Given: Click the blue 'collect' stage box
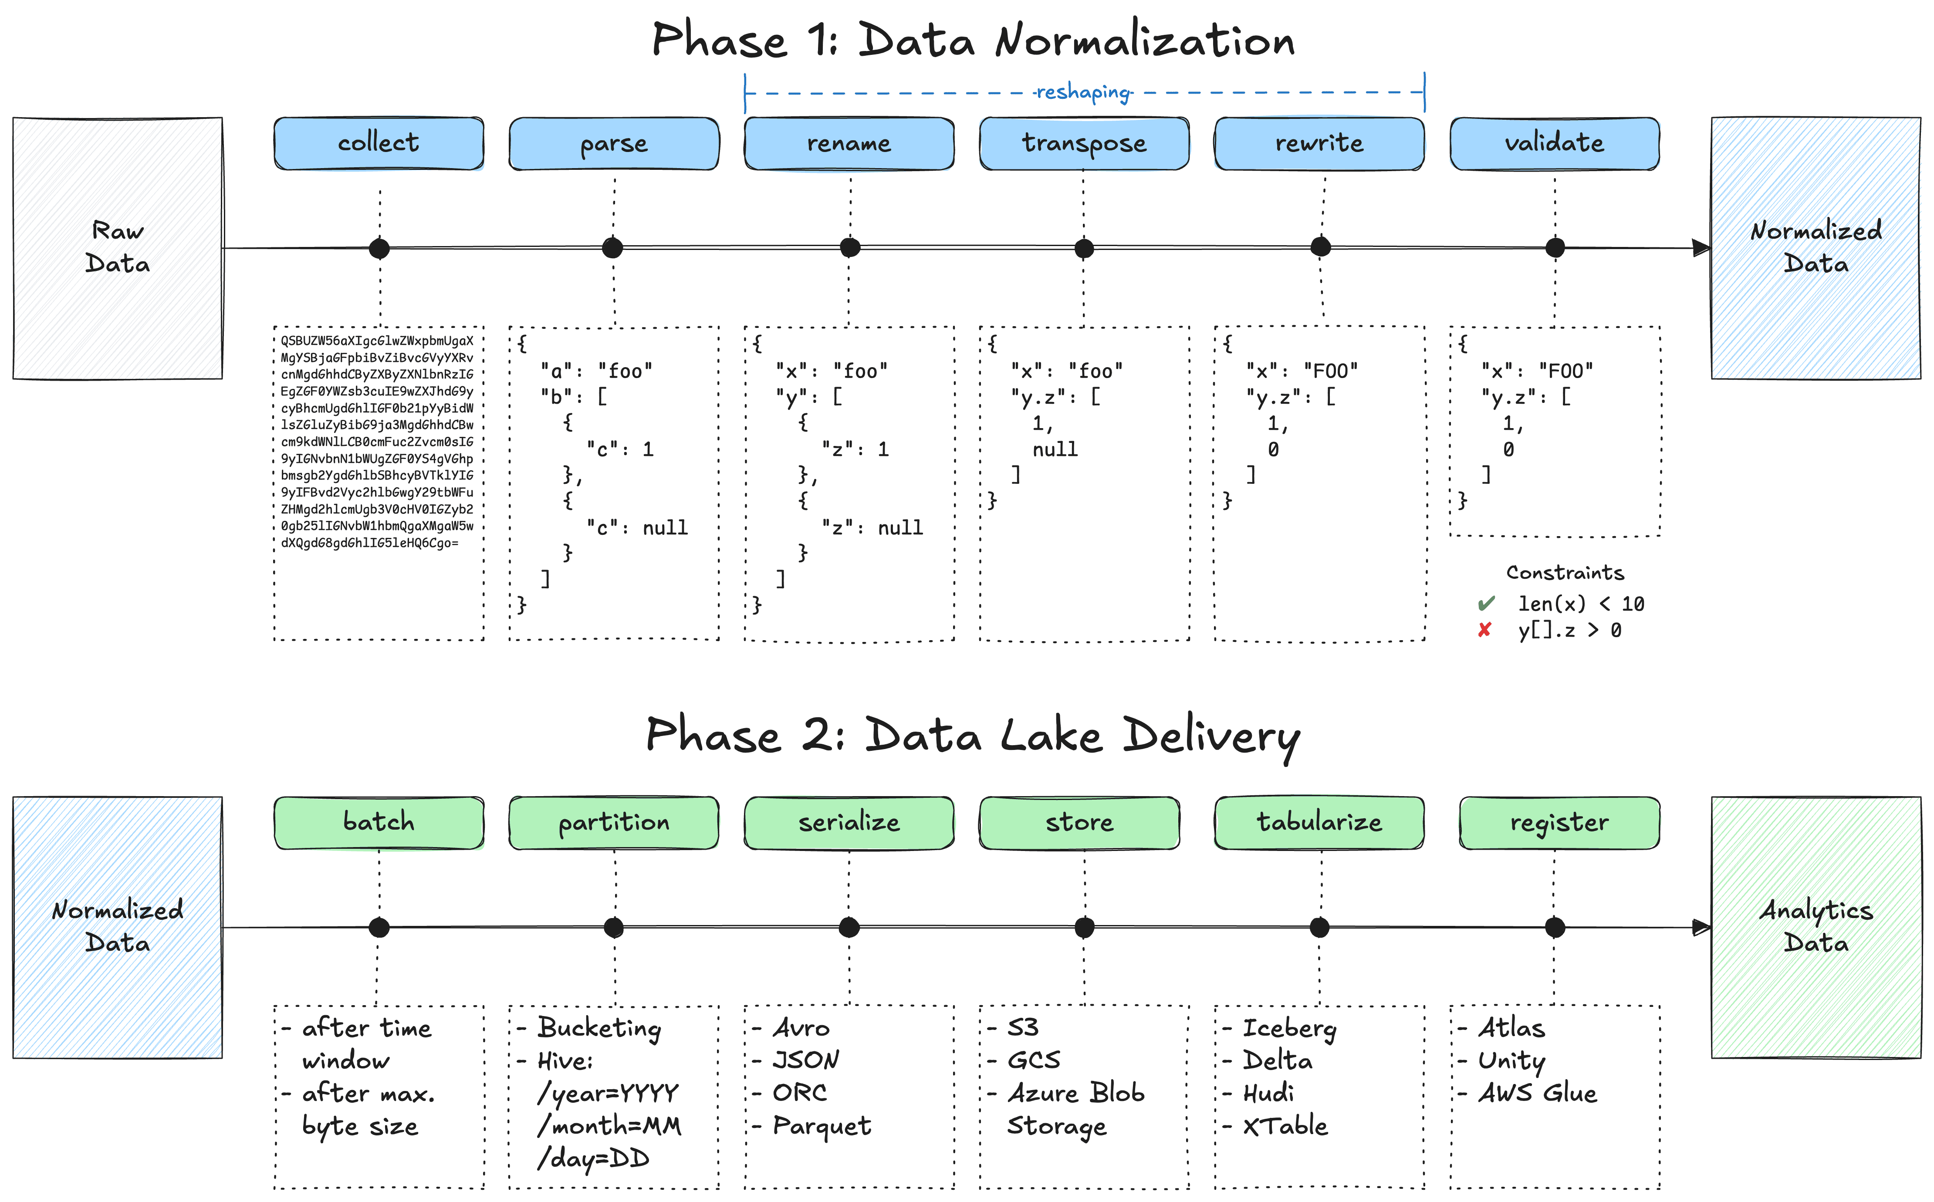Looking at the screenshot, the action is (379, 143).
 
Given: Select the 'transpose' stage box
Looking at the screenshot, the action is (1084, 143).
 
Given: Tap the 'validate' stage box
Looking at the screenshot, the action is (1555, 143).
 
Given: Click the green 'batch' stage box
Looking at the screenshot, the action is (379, 823).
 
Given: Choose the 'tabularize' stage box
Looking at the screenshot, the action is (1319, 823).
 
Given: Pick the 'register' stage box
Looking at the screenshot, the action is (1559, 823).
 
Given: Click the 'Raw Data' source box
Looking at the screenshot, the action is (118, 248).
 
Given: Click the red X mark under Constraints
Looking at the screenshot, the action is (1484, 631).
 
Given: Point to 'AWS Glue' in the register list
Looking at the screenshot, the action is (1537, 1093).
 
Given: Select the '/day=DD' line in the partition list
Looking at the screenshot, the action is (593, 1159).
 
